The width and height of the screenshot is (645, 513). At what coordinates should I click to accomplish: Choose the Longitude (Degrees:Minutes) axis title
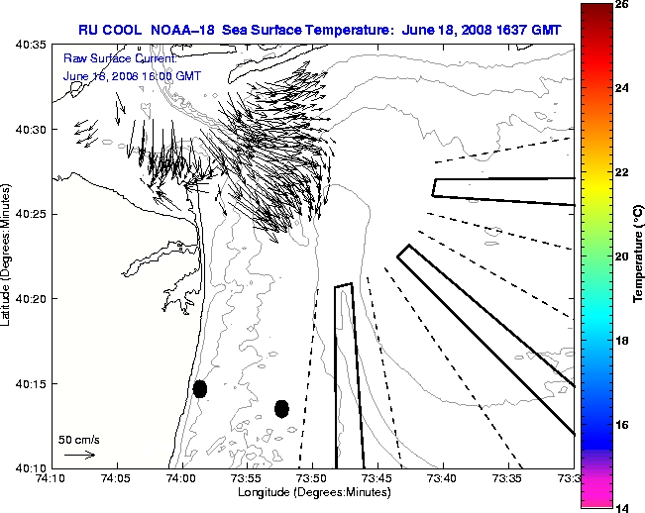[312, 493]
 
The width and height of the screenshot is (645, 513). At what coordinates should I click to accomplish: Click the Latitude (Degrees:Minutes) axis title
[9, 256]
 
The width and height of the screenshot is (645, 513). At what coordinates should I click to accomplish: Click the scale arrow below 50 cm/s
[79, 455]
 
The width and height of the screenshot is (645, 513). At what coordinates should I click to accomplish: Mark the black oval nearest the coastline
[200, 388]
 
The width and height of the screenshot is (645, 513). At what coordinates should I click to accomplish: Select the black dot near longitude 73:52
[281, 408]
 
